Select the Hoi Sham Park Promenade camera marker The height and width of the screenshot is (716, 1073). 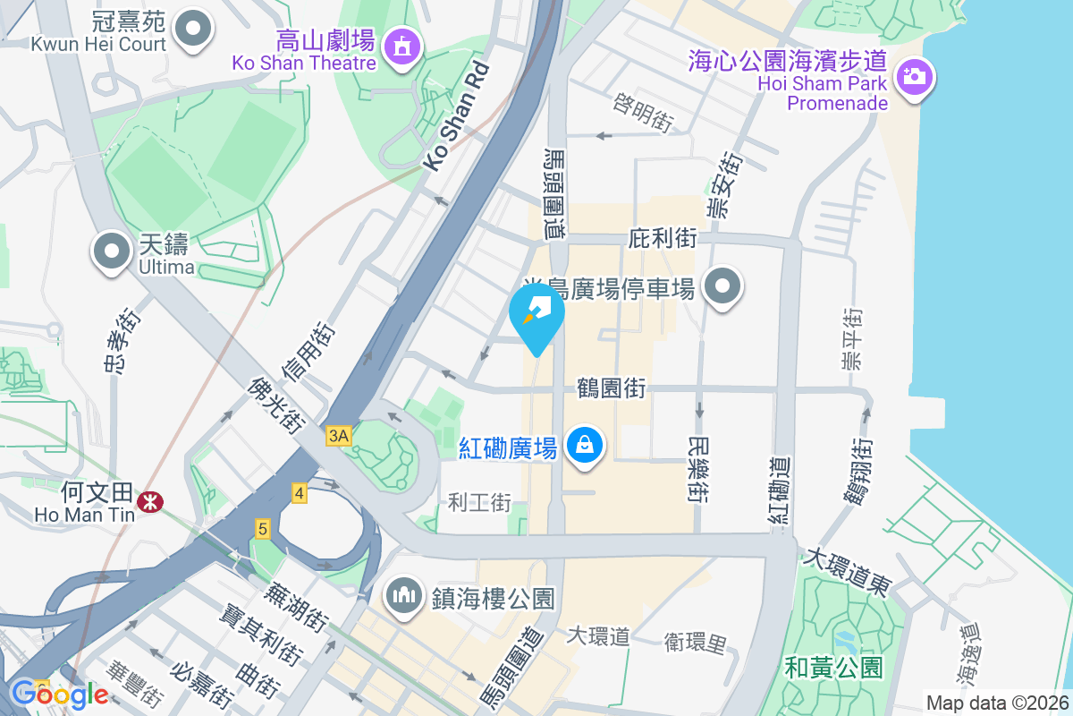pyautogui.click(x=913, y=77)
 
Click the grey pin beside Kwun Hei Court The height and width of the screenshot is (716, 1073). pyautogui.click(x=191, y=29)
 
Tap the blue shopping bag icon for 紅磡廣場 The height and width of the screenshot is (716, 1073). pyautogui.click(x=584, y=444)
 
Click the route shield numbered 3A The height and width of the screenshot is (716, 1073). pyautogui.click(x=339, y=436)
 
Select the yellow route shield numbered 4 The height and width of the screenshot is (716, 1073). pyautogui.click(x=299, y=493)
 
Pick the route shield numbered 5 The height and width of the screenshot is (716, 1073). pyautogui.click(x=262, y=529)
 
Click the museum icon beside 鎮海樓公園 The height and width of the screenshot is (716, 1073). pyautogui.click(x=404, y=594)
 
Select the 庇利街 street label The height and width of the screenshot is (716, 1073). pyautogui.click(x=663, y=238)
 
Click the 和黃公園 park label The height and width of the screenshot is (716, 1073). pyautogui.click(x=833, y=667)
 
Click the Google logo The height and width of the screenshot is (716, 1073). pyautogui.click(x=59, y=694)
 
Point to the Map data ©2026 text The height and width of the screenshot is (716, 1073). pyautogui.click(x=996, y=703)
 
